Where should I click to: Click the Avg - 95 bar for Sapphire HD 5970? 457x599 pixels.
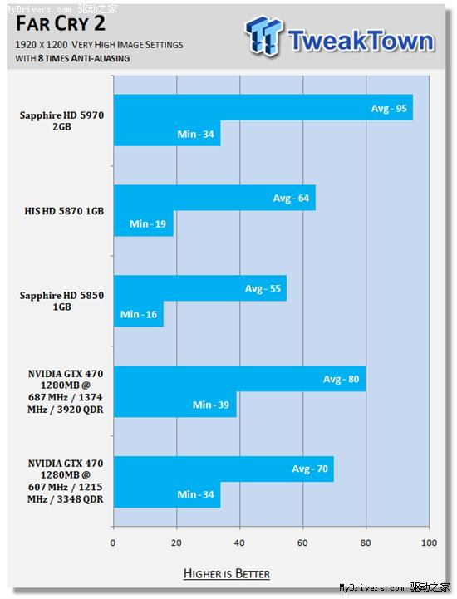click(263, 108)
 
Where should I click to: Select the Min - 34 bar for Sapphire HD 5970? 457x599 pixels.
click(166, 133)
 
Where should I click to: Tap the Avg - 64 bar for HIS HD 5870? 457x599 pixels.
click(214, 198)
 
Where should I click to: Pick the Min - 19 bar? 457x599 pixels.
click(143, 223)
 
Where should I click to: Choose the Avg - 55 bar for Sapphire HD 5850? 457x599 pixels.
click(199, 288)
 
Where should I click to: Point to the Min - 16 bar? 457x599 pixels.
click(138, 313)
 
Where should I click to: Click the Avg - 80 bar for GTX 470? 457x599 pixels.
click(239, 379)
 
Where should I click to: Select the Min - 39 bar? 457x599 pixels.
click(174, 405)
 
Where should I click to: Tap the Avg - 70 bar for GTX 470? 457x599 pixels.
click(224, 469)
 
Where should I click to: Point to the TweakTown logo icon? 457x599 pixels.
click(264, 37)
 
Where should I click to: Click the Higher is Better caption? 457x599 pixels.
click(227, 573)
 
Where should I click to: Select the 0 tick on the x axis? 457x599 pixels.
click(113, 543)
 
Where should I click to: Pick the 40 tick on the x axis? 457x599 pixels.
click(239, 543)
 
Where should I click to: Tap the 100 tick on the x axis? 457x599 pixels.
click(429, 543)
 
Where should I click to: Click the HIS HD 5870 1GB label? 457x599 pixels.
click(64, 211)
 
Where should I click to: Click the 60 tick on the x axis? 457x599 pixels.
click(302, 543)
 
